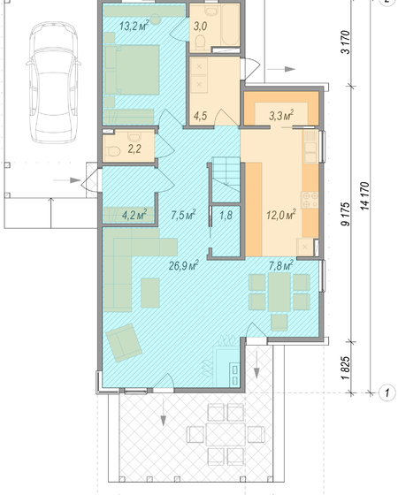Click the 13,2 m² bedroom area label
click(x=134, y=26)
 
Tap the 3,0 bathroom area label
click(x=200, y=27)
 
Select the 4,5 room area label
click(x=200, y=116)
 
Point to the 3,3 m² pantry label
click(x=281, y=116)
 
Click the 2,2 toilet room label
click(x=134, y=148)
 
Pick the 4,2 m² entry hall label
click(x=134, y=215)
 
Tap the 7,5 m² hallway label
click(x=183, y=215)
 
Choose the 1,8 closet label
click(x=226, y=216)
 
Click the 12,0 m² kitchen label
click(x=281, y=216)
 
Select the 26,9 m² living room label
click(x=184, y=265)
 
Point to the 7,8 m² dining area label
click(x=281, y=265)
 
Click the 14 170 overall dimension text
click(x=364, y=195)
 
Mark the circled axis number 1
click(x=387, y=393)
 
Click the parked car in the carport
click(x=53, y=82)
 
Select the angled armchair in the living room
click(x=124, y=343)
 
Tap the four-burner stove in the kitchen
click(x=310, y=200)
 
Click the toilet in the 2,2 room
click(x=113, y=152)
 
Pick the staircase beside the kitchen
click(x=226, y=179)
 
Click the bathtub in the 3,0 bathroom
click(x=230, y=26)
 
